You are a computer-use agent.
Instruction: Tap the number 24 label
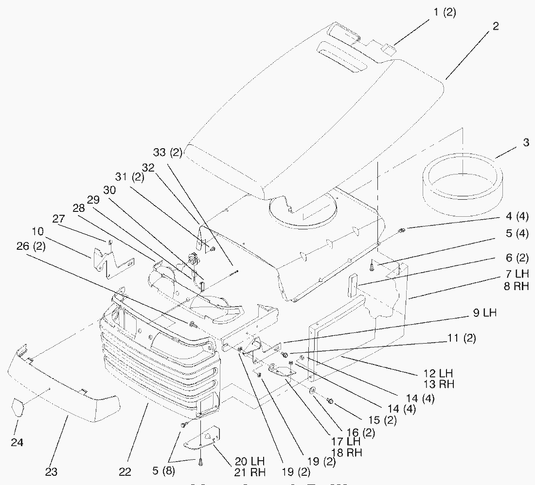[17, 443]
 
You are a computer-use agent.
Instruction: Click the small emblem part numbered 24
[18, 407]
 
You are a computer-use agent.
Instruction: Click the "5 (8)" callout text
[163, 471]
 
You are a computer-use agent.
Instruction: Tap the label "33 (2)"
[167, 153]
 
